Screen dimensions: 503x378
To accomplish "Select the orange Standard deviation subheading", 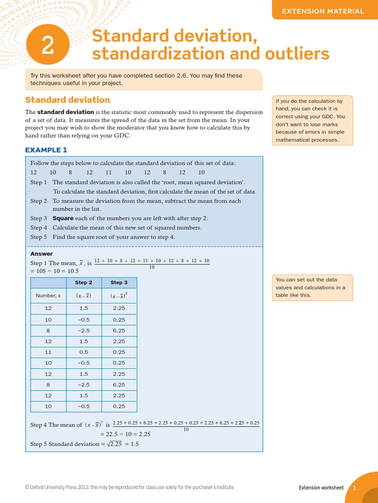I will [x=67, y=100].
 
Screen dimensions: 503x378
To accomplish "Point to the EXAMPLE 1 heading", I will [x=46, y=150].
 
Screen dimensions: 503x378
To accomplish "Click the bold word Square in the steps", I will [x=63, y=218].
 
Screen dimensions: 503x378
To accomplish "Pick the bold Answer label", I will [x=41, y=254].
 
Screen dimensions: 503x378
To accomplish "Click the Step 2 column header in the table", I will [x=84, y=282].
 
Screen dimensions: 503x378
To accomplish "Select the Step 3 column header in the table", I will [x=119, y=282].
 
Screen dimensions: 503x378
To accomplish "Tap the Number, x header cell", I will [x=48, y=296].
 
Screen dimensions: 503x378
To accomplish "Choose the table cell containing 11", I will [x=48, y=352].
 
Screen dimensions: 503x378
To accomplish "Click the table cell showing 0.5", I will [x=84, y=352].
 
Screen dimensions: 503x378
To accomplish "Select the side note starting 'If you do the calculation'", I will [x=312, y=120].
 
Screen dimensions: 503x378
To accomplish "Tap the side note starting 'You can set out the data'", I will [x=312, y=287].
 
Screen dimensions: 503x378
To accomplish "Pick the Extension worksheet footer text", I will [x=321, y=488].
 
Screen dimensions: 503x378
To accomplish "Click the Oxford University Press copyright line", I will [x=129, y=487].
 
